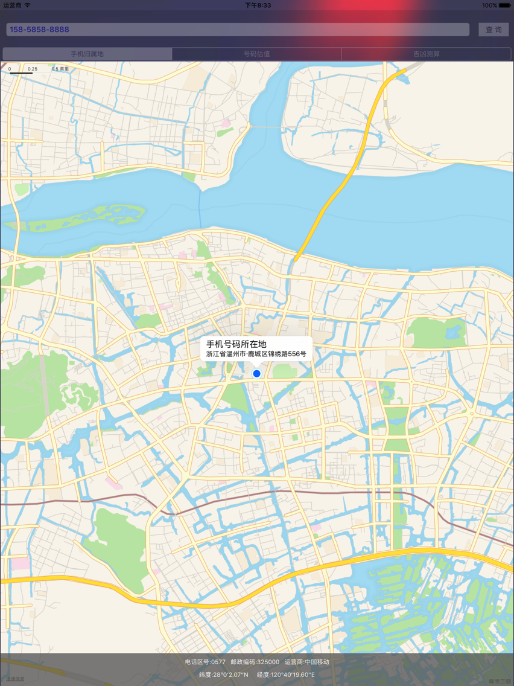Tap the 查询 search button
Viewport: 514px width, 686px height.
click(493, 30)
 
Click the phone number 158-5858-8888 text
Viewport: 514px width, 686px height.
click(39, 30)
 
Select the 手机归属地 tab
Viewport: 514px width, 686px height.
click(87, 54)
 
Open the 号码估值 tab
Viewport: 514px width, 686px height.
click(256, 54)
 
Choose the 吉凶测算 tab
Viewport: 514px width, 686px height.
click(427, 54)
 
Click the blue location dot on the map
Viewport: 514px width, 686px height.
click(256, 374)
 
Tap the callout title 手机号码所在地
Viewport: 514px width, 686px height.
click(236, 344)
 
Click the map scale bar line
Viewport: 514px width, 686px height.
click(21, 73)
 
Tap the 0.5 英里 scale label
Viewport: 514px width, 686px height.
click(60, 69)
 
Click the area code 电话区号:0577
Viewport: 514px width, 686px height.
click(205, 662)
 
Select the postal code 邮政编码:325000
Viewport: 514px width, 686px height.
click(255, 662)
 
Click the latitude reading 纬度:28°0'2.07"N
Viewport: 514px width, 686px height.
click(223, 675)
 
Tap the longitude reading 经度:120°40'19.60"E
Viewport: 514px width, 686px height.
click(286, 675)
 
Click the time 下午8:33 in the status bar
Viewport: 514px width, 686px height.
click(258, 5)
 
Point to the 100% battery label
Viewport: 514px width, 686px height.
click(489, 5)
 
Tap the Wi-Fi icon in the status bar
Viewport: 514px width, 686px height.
click(27, 5)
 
